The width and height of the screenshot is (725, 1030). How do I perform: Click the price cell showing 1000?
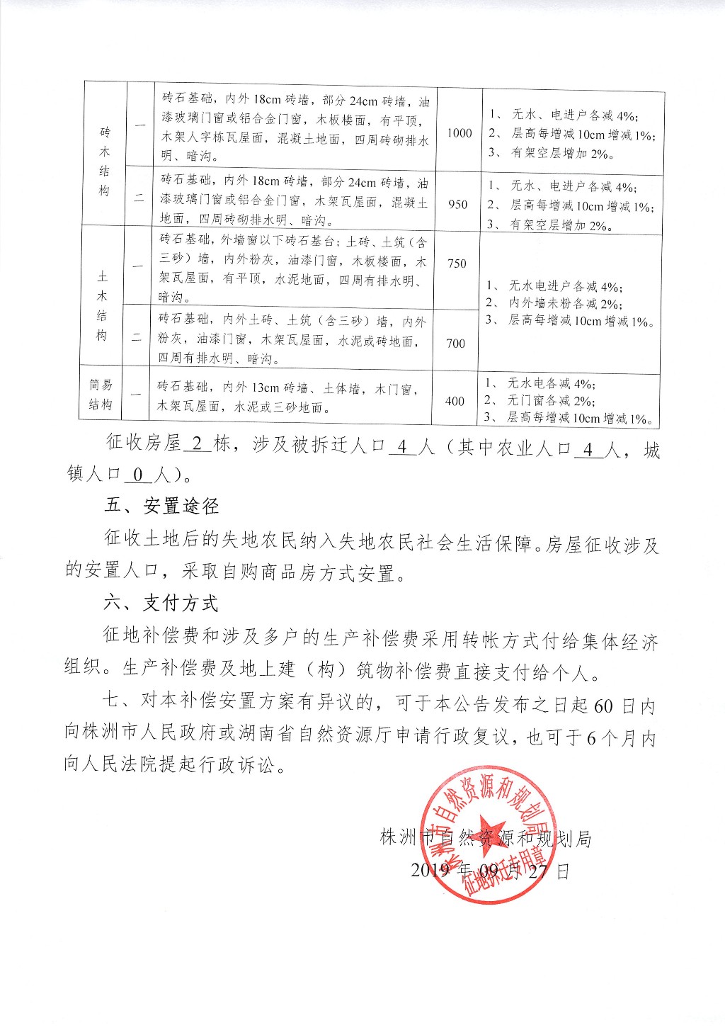tap(459, 133)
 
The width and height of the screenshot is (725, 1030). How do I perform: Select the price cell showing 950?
tap(458, 204)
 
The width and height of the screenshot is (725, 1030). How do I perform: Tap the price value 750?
tap(457, 264)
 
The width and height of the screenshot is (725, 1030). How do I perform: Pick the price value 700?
tap(456, 344)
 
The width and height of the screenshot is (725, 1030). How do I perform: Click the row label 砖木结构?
tap(105, 162)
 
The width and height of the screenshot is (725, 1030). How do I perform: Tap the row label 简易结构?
tap(101, 395)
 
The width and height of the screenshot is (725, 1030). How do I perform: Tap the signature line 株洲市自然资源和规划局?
tap(486, 839)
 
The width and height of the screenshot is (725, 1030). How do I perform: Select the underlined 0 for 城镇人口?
tap(138, 473)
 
